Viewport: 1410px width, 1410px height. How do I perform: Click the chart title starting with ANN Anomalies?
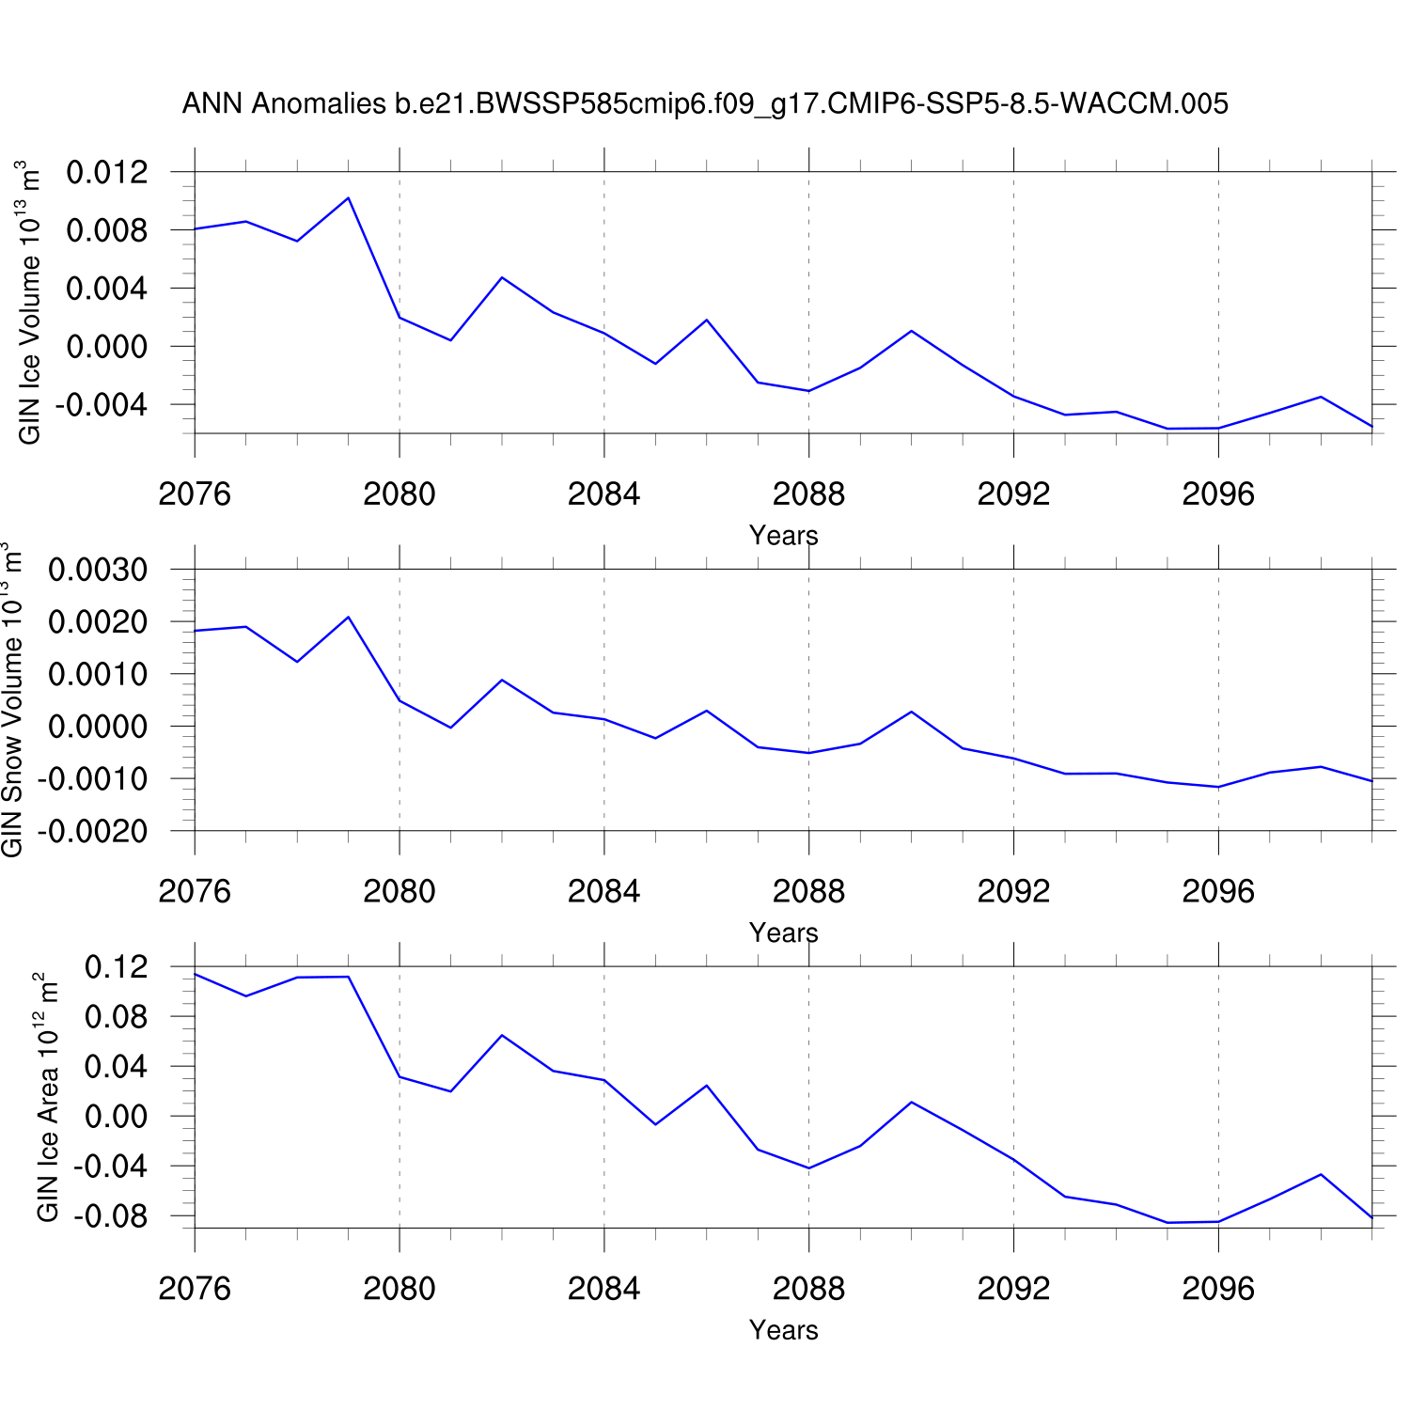pos(705,103)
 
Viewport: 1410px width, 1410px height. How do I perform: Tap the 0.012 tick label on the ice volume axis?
pos(107,172)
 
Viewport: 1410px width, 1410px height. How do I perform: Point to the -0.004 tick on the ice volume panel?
pos(102,405)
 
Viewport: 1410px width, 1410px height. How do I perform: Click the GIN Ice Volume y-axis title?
pos(29,302)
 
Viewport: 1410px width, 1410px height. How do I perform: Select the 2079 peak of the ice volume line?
pos(348,198)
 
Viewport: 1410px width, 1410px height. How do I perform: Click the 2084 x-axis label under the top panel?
pos(603,493)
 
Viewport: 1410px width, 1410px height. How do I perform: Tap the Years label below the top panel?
pos(783,536)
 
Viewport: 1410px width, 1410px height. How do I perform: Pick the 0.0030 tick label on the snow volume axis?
pos(98,570)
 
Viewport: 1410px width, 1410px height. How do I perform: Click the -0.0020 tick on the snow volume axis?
pos(92,831)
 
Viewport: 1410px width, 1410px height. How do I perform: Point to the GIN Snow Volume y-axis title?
pos(12,699)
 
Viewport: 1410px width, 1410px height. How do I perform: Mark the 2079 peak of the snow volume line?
pos(348,617)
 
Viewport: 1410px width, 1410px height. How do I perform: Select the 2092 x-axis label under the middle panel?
pos(1013,891)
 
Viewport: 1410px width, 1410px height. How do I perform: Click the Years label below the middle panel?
pos(783,933)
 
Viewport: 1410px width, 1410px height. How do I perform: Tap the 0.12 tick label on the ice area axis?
pos(117,966)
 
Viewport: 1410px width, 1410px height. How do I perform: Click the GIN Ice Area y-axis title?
pos(47,1097)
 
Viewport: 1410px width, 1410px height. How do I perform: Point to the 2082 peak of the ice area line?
pos(502,1035)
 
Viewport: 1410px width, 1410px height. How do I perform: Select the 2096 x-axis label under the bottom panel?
pos(1218,1288)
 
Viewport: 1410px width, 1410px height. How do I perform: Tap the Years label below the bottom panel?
pos(783,1330)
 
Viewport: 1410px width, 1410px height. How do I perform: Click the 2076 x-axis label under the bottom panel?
pos(195,1288)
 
